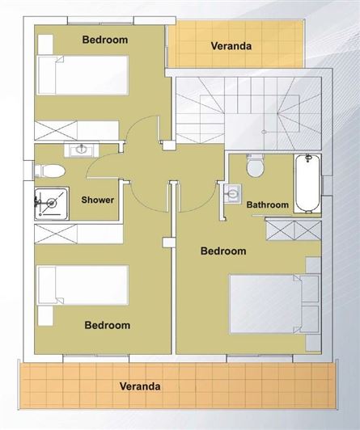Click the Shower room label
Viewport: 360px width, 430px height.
click(x=97, y=200)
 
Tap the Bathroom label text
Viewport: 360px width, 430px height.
click(x=267, y=205)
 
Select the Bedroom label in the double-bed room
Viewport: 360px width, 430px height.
click(x=222, y=251)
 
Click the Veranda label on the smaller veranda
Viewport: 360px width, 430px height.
click(x=231, y=46)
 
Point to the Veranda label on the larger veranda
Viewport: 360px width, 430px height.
click(x=140, y=386)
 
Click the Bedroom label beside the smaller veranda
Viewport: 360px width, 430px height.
click(x=105, y=39)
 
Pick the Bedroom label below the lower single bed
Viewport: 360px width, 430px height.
click(x=108, y=325)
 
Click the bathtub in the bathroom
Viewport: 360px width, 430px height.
click(x=305, y=183)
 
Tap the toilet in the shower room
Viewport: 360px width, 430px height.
click(x=50, y=171)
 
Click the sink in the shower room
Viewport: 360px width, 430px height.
click(x=82, y=150)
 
